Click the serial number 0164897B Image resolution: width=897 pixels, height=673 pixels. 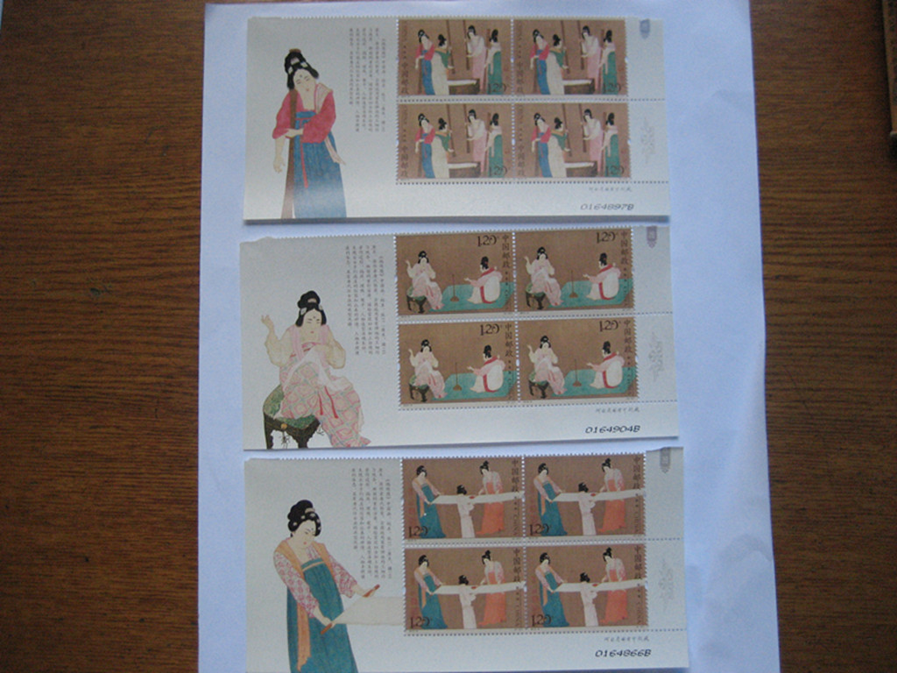coord(607,207)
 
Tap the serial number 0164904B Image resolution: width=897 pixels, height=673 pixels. coord(612,429)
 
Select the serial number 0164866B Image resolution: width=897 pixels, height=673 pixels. coord(623,653)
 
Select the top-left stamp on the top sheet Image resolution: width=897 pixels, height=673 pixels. coord(455,58)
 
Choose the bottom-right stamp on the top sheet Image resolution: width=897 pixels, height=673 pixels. coord(570,142)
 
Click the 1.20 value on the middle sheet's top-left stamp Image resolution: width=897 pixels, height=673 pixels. coord(486,241)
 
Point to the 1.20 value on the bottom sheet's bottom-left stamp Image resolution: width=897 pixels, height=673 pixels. coord(420,621)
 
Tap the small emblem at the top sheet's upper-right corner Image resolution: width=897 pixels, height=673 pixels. coord(645,29)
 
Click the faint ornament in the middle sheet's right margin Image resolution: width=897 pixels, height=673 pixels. coord(654,356)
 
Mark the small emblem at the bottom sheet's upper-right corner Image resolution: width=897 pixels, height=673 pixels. coord(665,460)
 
